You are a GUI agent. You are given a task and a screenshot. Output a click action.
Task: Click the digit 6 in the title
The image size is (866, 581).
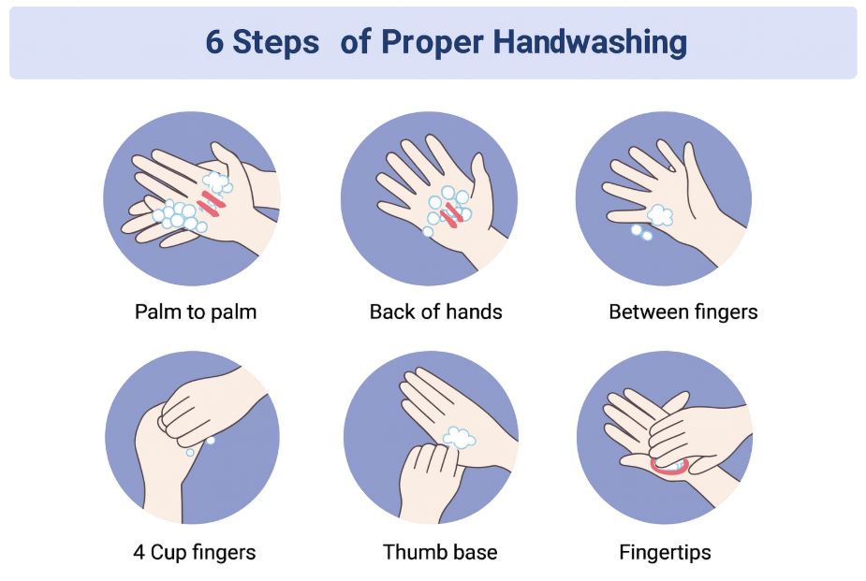pos(214,42)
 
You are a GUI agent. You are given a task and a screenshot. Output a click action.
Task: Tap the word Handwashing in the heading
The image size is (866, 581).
pos(590,43)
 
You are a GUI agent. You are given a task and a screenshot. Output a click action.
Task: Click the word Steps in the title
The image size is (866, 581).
pos(275,43)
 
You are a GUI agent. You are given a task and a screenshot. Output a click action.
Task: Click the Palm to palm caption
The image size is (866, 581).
pos(196,312)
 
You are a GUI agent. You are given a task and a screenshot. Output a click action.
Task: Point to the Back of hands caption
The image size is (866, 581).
pos(435,312)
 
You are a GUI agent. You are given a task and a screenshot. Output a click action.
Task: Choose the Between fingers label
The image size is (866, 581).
pos(683,312)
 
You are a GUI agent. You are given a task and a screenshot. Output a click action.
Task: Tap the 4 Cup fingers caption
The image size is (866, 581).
pos(195,552)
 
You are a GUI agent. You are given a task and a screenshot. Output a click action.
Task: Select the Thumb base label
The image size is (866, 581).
pos(440,552)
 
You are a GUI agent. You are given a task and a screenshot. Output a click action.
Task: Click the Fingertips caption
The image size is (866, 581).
pos(665,552)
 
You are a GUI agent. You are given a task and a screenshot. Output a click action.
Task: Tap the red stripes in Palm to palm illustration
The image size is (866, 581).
pos(211,202)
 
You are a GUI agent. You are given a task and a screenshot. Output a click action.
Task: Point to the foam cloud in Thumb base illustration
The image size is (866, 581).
pos(459,438)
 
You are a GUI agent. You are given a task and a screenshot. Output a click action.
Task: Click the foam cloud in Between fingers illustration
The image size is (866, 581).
pos(660,215)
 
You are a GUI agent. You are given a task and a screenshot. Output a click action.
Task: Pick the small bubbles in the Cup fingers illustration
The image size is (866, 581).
pos(200,447)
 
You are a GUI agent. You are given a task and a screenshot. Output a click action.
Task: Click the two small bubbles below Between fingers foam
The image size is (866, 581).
pos(641,232)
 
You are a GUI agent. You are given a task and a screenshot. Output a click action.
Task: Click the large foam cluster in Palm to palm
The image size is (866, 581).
pos(180,215)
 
